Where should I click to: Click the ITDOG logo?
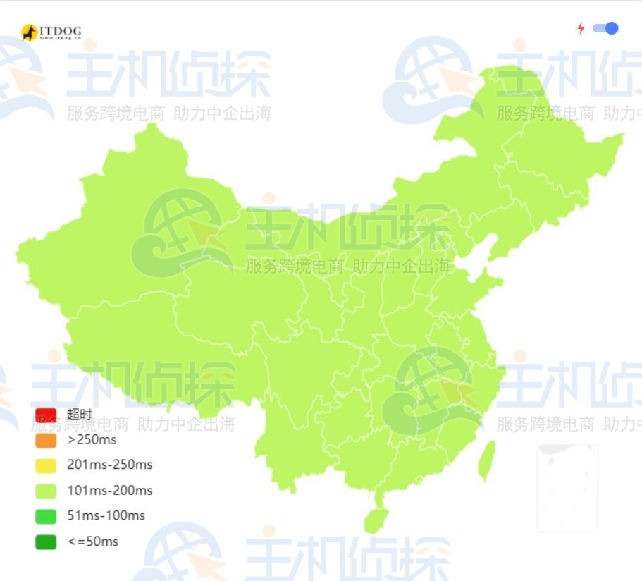click(x=51, y=32)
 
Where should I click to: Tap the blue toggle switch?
click(x=605, y=28)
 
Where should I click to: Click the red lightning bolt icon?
click(x=581, y=28)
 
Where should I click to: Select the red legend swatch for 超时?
click(x=46, y=415)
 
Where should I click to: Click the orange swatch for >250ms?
click(x=46, y=440)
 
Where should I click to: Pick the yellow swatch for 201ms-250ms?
click(x=46, y=465)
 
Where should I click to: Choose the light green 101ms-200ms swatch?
click(x=46, y=491)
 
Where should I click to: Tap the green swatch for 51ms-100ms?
click(x=46, y=516)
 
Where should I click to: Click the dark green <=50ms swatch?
click(x=46, y=542)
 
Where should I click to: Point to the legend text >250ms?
click(x=92, y=440)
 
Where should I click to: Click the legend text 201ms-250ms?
click(x=109, y=465)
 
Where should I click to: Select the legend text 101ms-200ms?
click(x=109, y=491)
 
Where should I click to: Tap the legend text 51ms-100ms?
click(x=106, y=516)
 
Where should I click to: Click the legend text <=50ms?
click(x=92, y=542)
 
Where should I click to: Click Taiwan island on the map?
click(x=486, y=460)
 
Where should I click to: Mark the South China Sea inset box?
click(x=567, y=487)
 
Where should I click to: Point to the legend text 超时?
click(x=80, y=415)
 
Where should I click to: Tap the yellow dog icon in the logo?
click(x=29, y=32)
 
